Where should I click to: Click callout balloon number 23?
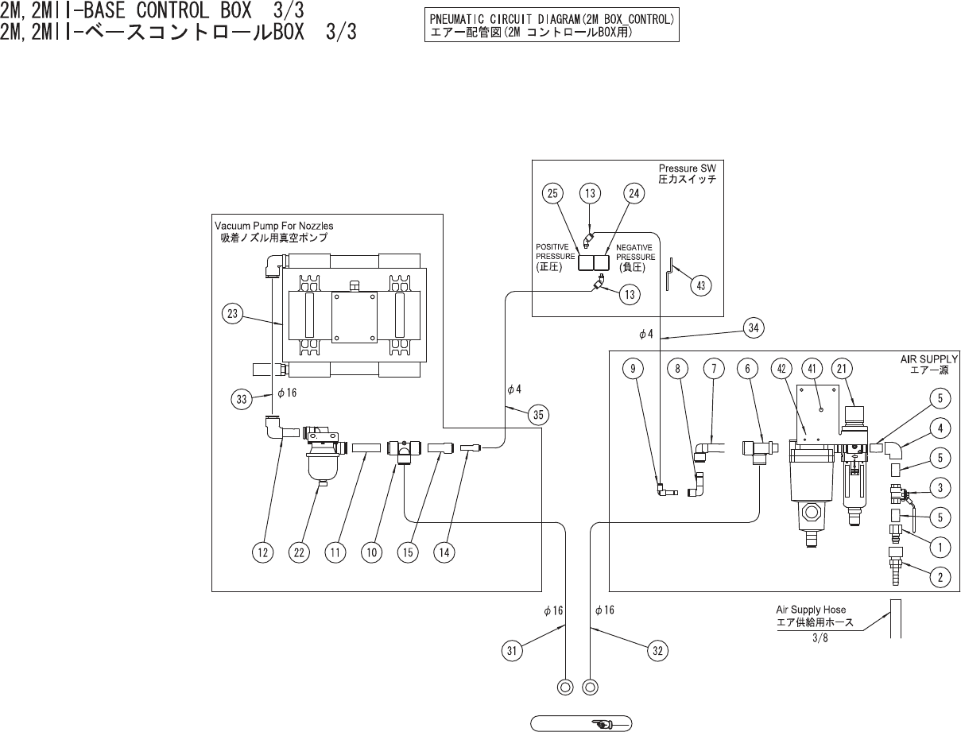point(232,314)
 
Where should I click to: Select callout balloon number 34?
point(754,326)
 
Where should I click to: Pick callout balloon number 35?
point(540,414)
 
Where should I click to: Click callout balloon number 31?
point(513,651)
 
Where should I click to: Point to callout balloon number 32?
point(657,651)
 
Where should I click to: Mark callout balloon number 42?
point(782,368)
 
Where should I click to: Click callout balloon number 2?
point(940,578)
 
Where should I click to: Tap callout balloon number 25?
point(554,193)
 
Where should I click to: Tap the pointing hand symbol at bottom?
point(601,723)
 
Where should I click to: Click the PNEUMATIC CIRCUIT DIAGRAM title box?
point(552,26)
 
